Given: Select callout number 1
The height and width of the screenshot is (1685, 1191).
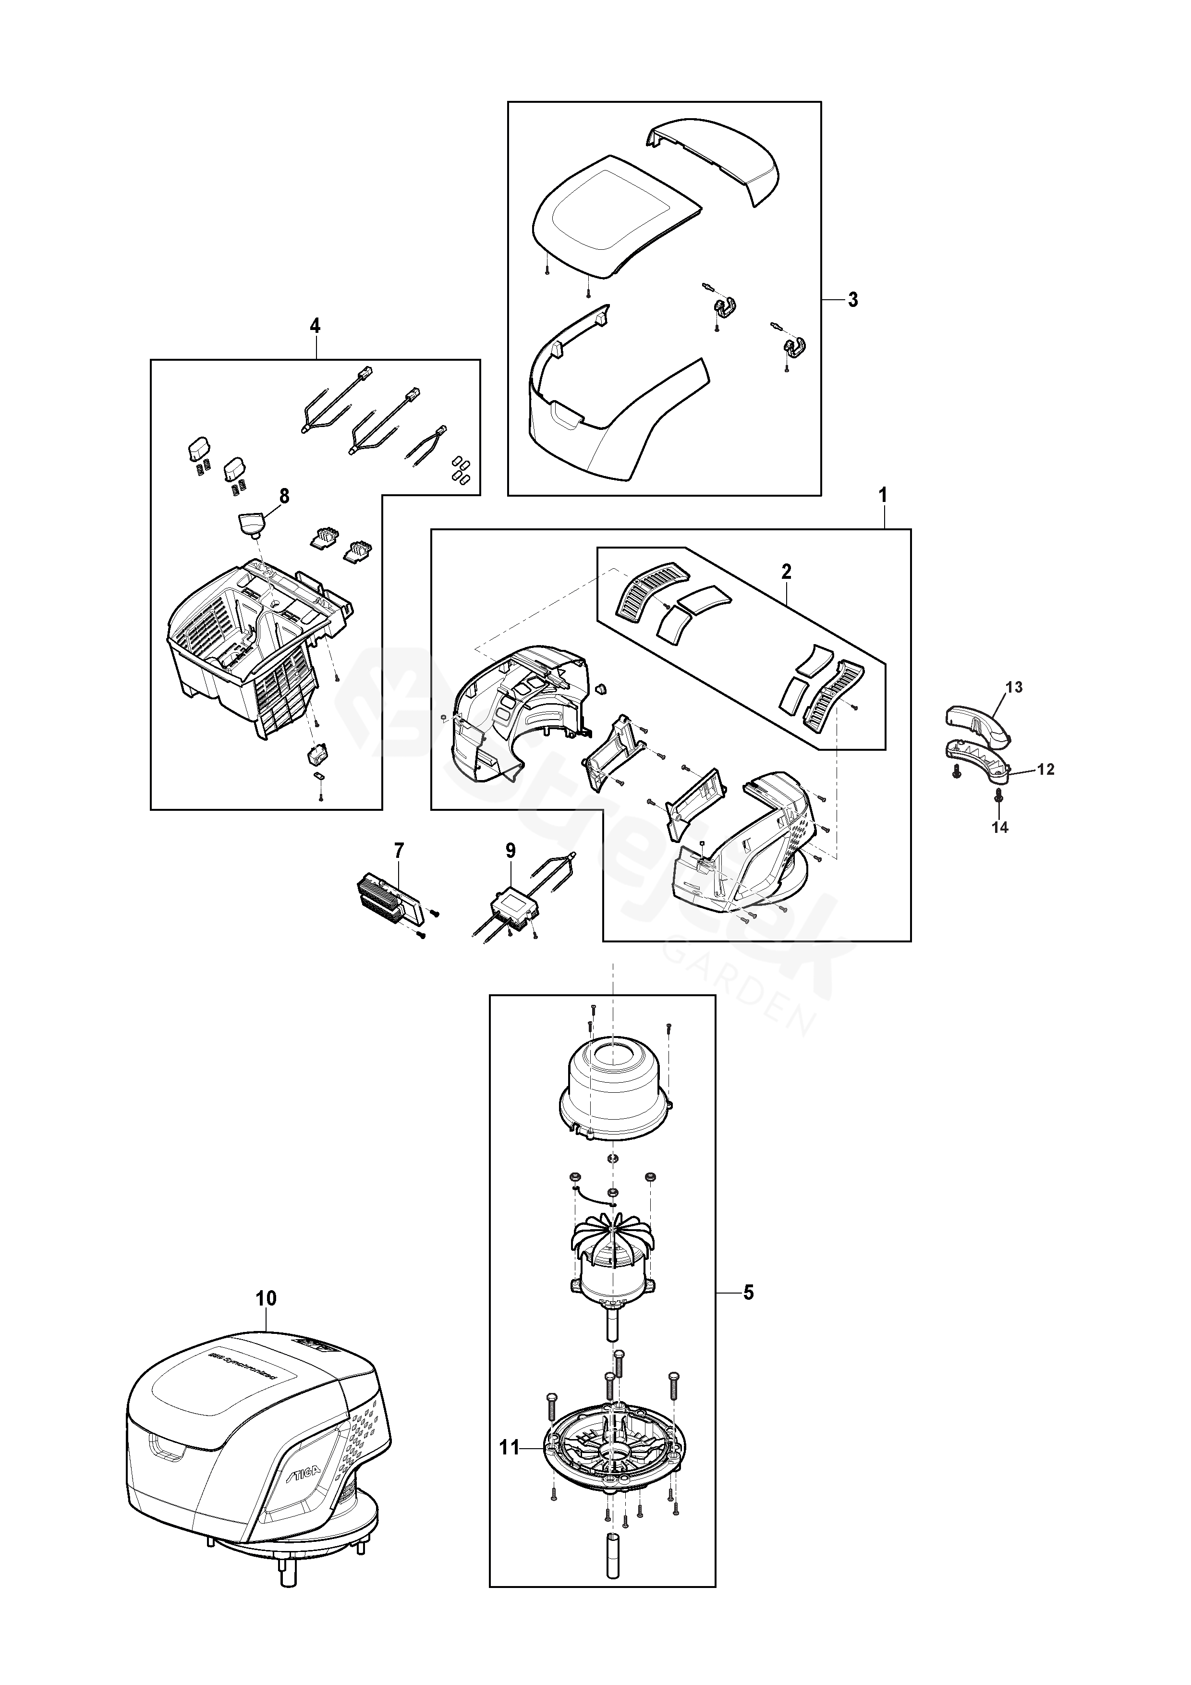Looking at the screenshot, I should tap(884, 496).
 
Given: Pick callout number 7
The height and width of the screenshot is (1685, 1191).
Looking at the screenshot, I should tap(399, 851).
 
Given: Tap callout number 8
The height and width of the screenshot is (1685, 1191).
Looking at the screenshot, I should tap(284, 496).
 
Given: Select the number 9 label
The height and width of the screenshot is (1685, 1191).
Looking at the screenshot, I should tap(511, 851).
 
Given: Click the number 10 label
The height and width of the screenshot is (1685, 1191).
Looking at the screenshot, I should tap(267, 1298).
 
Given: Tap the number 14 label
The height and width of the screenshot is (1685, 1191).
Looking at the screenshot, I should tap(1000, 827).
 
